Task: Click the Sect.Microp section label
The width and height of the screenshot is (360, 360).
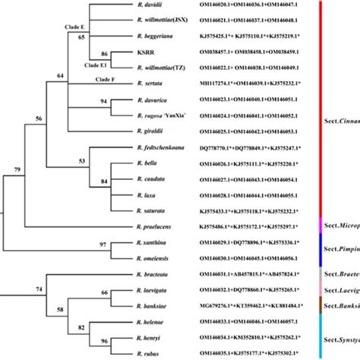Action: (x=339, y=227)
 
